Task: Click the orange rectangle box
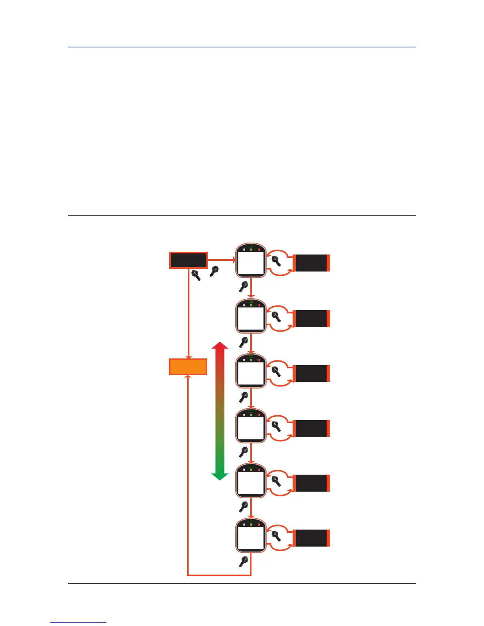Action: tap(188, 367)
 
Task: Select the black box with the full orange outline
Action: tap(188, 260)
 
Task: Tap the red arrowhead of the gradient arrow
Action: tap(220, 345)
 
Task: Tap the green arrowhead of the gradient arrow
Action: tap(220, 476)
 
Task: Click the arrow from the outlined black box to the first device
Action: tap(221, 260)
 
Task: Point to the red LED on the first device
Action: tap(259, 250)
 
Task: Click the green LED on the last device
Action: tap(251, 525)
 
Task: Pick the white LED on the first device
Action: tap(244, 250)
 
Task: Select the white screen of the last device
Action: tap(250, 538)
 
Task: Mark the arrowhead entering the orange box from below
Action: tap(188, 377)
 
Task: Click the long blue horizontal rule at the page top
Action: tap(242, 47)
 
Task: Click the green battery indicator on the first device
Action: tap(251, 246)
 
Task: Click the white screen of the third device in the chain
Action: tap(250, 373)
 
